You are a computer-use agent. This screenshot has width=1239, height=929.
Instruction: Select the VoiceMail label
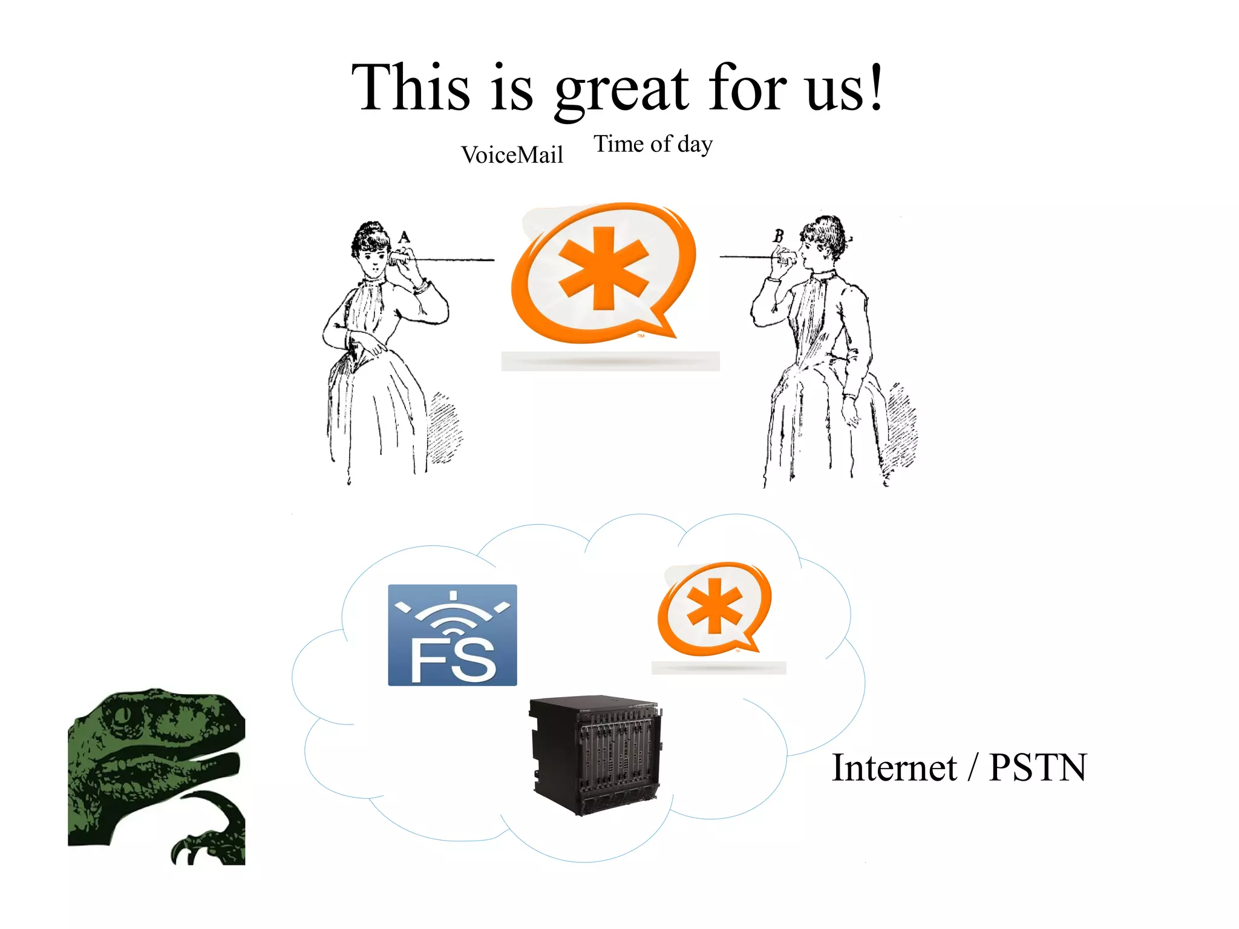coord(512,155)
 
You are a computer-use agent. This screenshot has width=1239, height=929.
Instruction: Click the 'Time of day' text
coord(653,144)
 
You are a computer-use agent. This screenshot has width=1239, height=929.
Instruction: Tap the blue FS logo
coord(453,635)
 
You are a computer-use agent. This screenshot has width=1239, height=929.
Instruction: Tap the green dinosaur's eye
coord(123,715)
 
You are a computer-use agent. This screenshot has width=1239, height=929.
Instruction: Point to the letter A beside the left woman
coord(404,237)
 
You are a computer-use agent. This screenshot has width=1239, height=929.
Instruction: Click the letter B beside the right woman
coord(779,235)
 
